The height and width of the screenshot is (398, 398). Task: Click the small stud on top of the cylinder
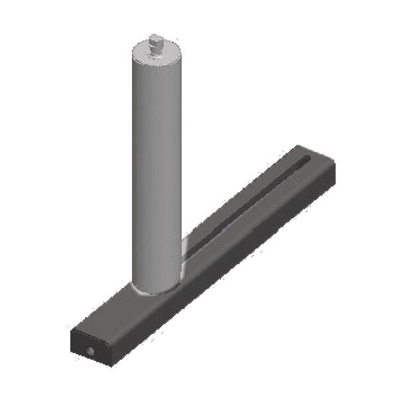(x=157, y=45)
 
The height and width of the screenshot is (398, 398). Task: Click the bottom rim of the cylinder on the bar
(x=156, y=292)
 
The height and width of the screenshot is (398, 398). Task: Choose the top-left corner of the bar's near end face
(x=71, y=329)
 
